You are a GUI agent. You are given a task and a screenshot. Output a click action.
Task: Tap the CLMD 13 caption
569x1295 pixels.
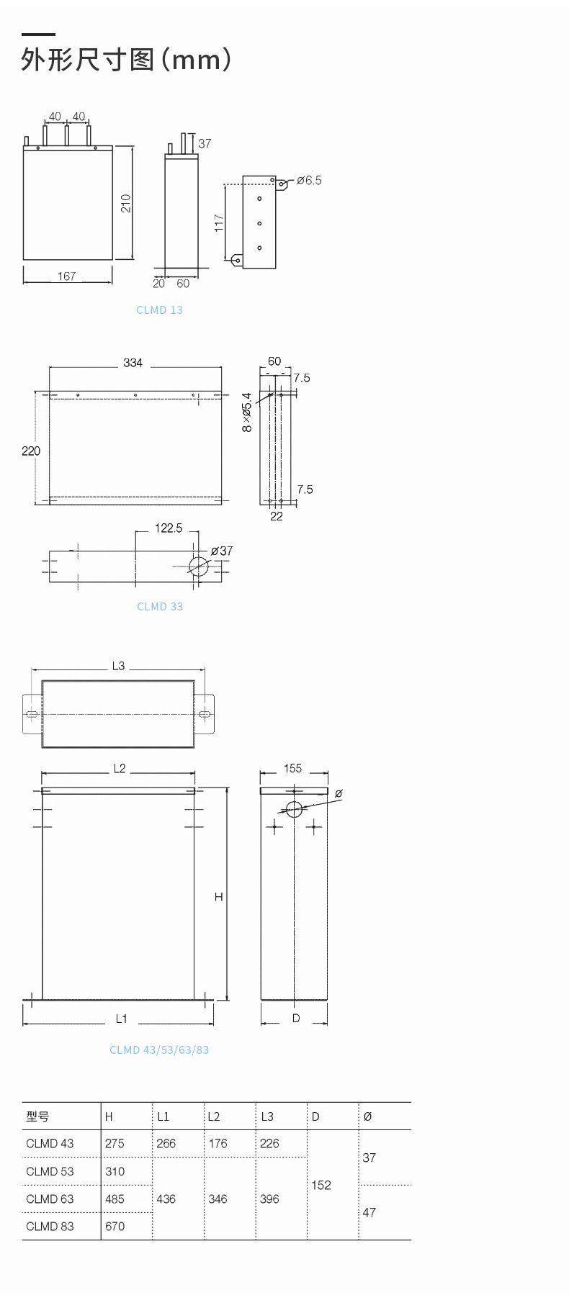click(159, 310)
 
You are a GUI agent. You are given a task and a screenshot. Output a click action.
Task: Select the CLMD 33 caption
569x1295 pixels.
click(160, 606)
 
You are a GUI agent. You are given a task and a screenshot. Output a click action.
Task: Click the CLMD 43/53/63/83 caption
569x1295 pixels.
click(159, 1050)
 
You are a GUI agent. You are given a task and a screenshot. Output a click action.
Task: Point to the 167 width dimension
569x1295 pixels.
click(66, 276)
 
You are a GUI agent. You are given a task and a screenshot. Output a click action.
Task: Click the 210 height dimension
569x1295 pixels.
click(126, 203)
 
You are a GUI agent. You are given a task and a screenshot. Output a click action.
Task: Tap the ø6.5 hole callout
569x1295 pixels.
click(309, 180)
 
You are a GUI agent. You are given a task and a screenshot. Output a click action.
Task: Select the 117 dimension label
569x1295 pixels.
click(219, 223)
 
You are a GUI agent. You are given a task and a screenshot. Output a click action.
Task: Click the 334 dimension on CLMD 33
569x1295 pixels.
click(133, 363)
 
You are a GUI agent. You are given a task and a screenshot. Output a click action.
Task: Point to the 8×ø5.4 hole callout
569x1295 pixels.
click(247, 412)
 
